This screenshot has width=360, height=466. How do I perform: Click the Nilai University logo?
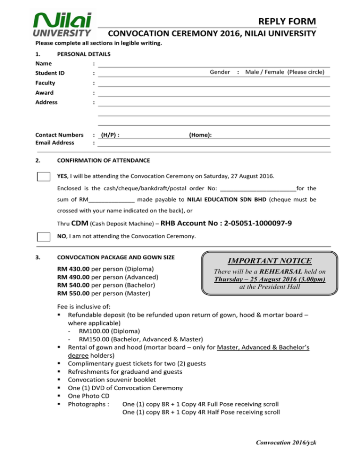[x=63, y=23]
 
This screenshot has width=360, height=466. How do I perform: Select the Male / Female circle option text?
[x=287, y=72]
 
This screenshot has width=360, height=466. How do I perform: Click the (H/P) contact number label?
[x=110, y=135]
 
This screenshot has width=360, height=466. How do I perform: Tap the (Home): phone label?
[x=200, y=135]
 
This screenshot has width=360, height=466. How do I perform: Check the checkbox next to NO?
[x=44, y=236]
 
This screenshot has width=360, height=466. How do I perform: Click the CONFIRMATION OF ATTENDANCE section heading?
[x=103, y=160]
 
